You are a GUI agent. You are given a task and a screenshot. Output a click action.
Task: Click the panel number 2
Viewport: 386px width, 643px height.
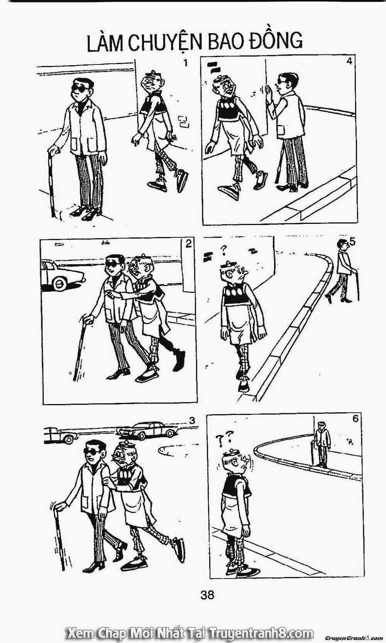click(188, 244)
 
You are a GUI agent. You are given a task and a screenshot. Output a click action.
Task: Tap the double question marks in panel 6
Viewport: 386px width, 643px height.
click(224, 440)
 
